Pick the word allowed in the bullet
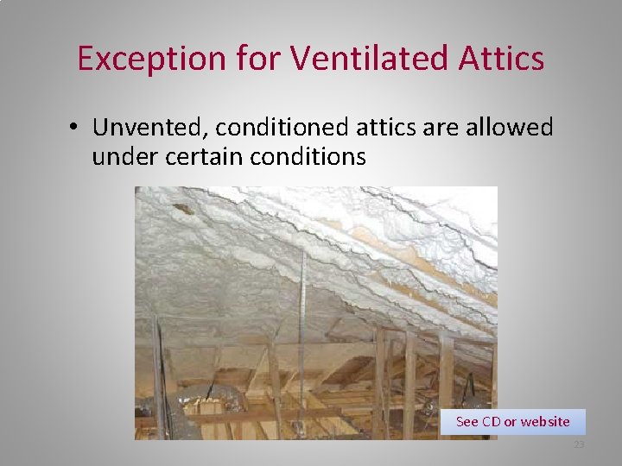[x=511, y=128]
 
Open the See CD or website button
[x=512, y=422]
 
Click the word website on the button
[x=545, y=422]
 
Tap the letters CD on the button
[x=491, y=422]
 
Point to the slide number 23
[x=579, y=445]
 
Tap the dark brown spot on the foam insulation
[x=182, y=208]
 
